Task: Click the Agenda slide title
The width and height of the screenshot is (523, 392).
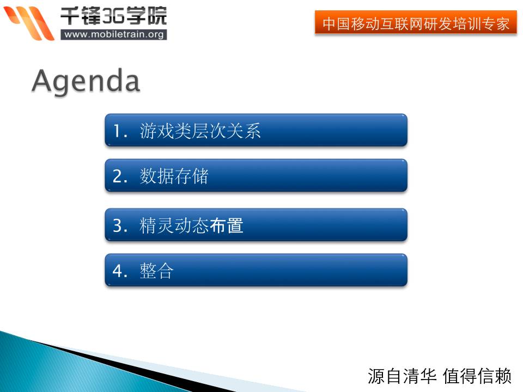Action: point(86,81)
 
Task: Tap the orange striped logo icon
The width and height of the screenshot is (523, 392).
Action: point(29,23)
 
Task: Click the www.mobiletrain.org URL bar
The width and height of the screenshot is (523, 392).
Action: point(114,35)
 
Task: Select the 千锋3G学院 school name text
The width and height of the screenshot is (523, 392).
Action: point(113,16)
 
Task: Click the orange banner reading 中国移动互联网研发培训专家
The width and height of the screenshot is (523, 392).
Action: point(416,23)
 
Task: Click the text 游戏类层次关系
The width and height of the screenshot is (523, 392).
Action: point(200,131)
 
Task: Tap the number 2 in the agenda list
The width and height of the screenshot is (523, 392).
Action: point(118,176)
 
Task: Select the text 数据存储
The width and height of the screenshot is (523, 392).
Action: point(174,176)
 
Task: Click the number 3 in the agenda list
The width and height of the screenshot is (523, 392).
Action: point(118,225)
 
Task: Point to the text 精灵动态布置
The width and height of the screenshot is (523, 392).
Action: point(191,225)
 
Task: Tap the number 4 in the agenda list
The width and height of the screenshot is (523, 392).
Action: point(118,271)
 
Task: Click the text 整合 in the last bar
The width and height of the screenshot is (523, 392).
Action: point(157,271)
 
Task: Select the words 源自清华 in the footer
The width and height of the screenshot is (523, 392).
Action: point(402,376)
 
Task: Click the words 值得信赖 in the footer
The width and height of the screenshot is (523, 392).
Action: point(477,376)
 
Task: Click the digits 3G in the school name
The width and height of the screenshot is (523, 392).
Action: point(113,16)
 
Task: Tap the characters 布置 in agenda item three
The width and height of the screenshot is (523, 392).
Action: point(226,225)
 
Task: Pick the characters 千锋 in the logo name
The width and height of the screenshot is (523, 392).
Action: point(81,16)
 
